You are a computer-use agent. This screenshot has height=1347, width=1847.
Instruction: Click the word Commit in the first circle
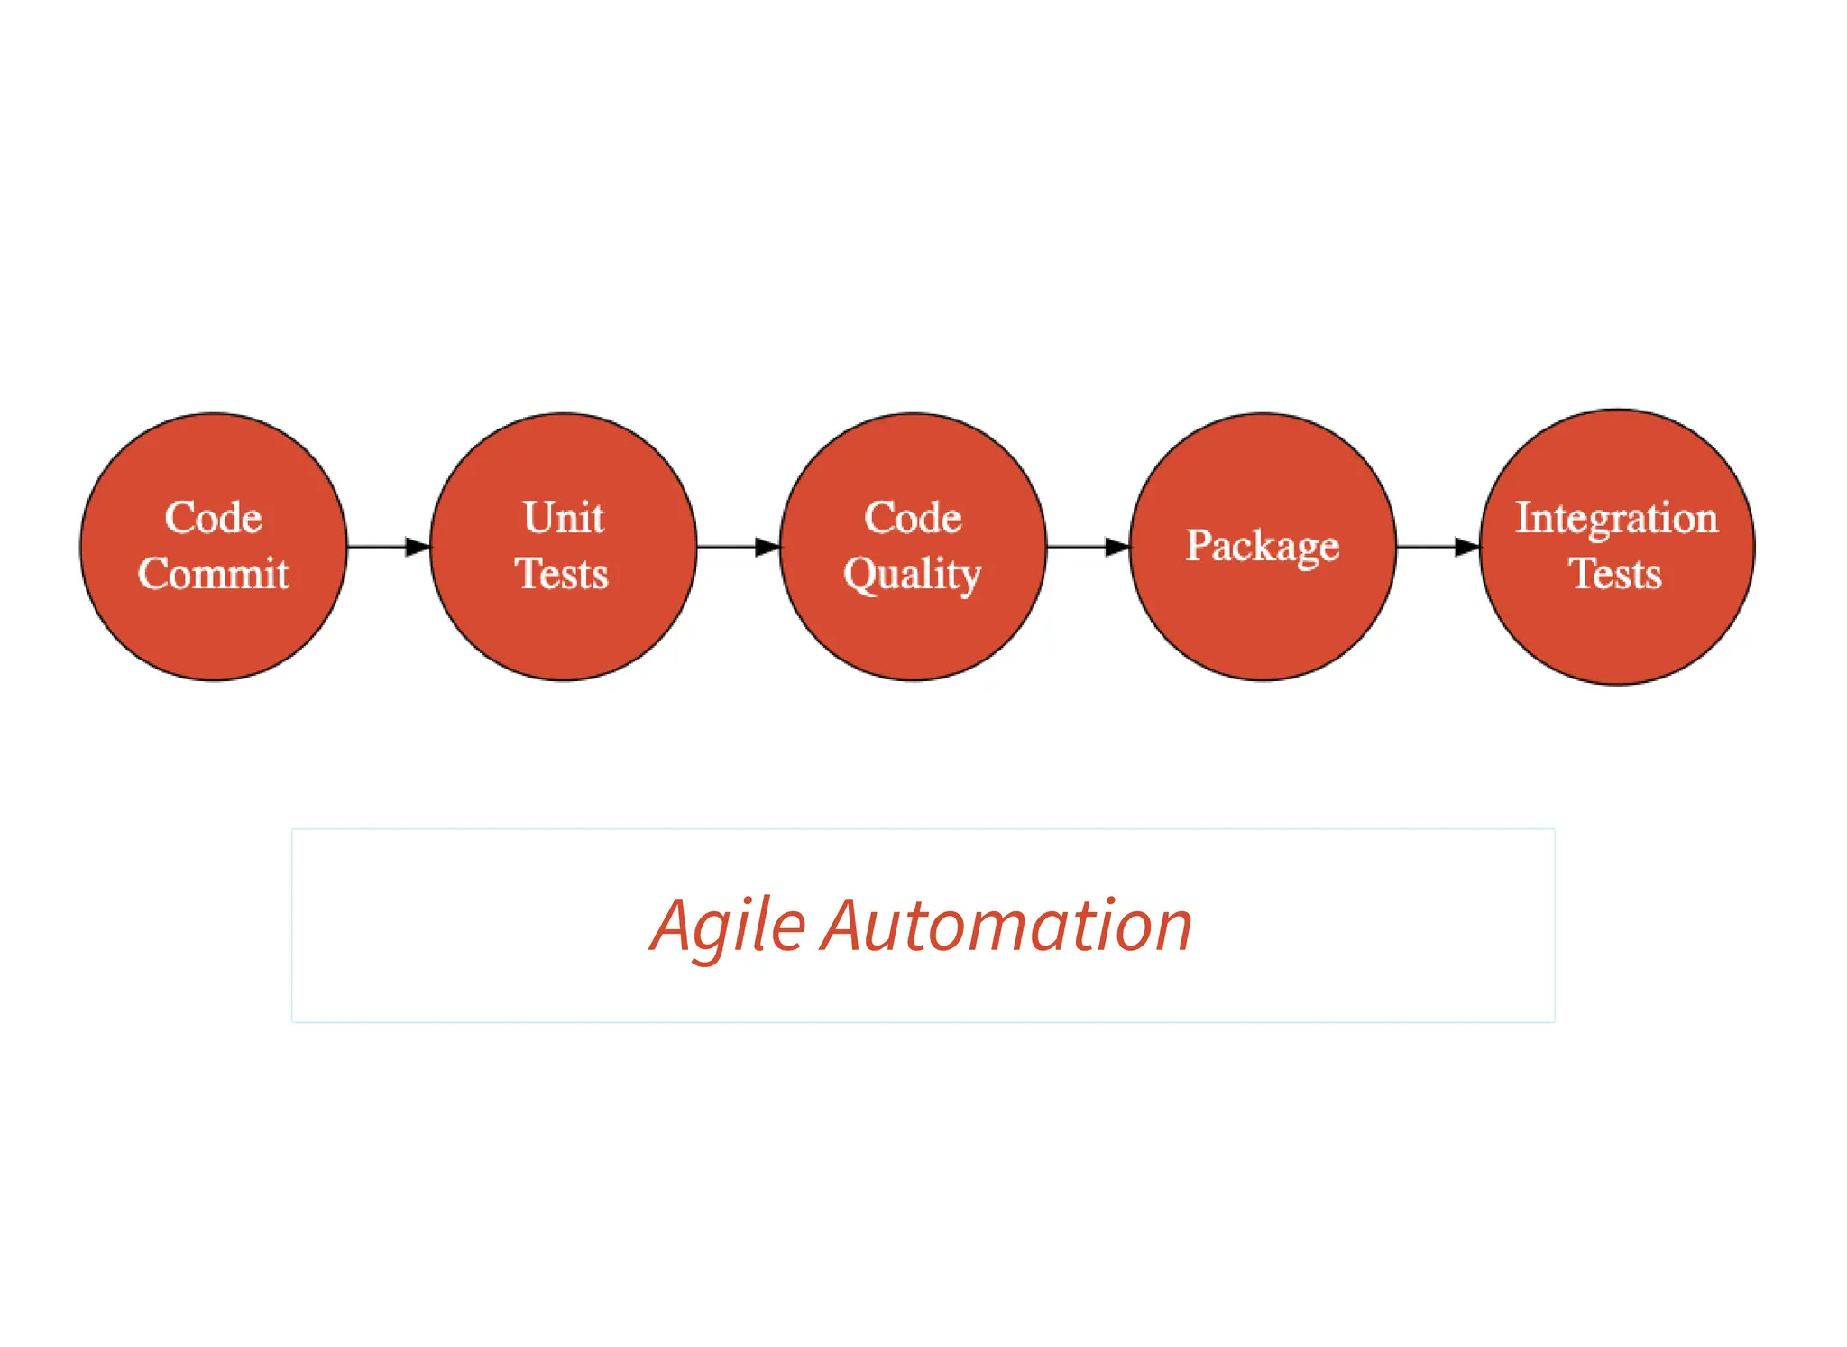214,574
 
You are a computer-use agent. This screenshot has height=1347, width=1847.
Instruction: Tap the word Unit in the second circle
564,518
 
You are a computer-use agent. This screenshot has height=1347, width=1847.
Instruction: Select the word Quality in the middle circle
912,575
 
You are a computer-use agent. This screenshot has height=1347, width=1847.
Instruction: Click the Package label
1262,546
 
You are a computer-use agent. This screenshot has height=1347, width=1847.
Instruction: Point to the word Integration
1616,518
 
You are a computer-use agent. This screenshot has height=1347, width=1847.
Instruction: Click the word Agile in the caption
727,927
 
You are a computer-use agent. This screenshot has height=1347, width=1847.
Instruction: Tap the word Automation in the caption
1006,927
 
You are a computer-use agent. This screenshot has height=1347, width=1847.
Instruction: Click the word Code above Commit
214,518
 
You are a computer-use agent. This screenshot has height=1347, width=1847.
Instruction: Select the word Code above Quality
913,518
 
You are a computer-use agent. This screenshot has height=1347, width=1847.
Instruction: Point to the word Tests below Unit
562,574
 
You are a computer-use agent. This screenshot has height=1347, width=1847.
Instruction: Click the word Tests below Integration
1614,574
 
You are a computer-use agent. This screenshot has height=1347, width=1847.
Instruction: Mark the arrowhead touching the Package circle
1117,547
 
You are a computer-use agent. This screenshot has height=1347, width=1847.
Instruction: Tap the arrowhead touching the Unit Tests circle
418,547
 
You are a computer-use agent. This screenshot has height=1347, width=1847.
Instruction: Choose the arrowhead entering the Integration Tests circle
1467,547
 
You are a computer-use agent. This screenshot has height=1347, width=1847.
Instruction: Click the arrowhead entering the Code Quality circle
767,547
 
